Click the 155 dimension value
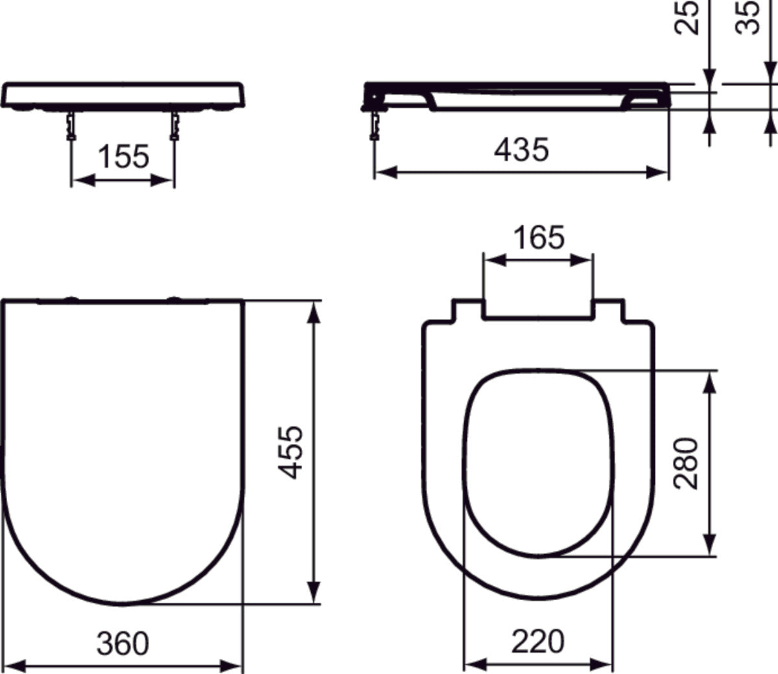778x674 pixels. tap(123, 157)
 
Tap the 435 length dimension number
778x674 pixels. tap(521, 150)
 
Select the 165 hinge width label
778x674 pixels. tap(539, 238)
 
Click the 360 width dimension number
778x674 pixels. tap(123, 643)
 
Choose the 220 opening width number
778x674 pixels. tap(538, 642)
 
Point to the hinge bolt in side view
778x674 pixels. tap(374, 125)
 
